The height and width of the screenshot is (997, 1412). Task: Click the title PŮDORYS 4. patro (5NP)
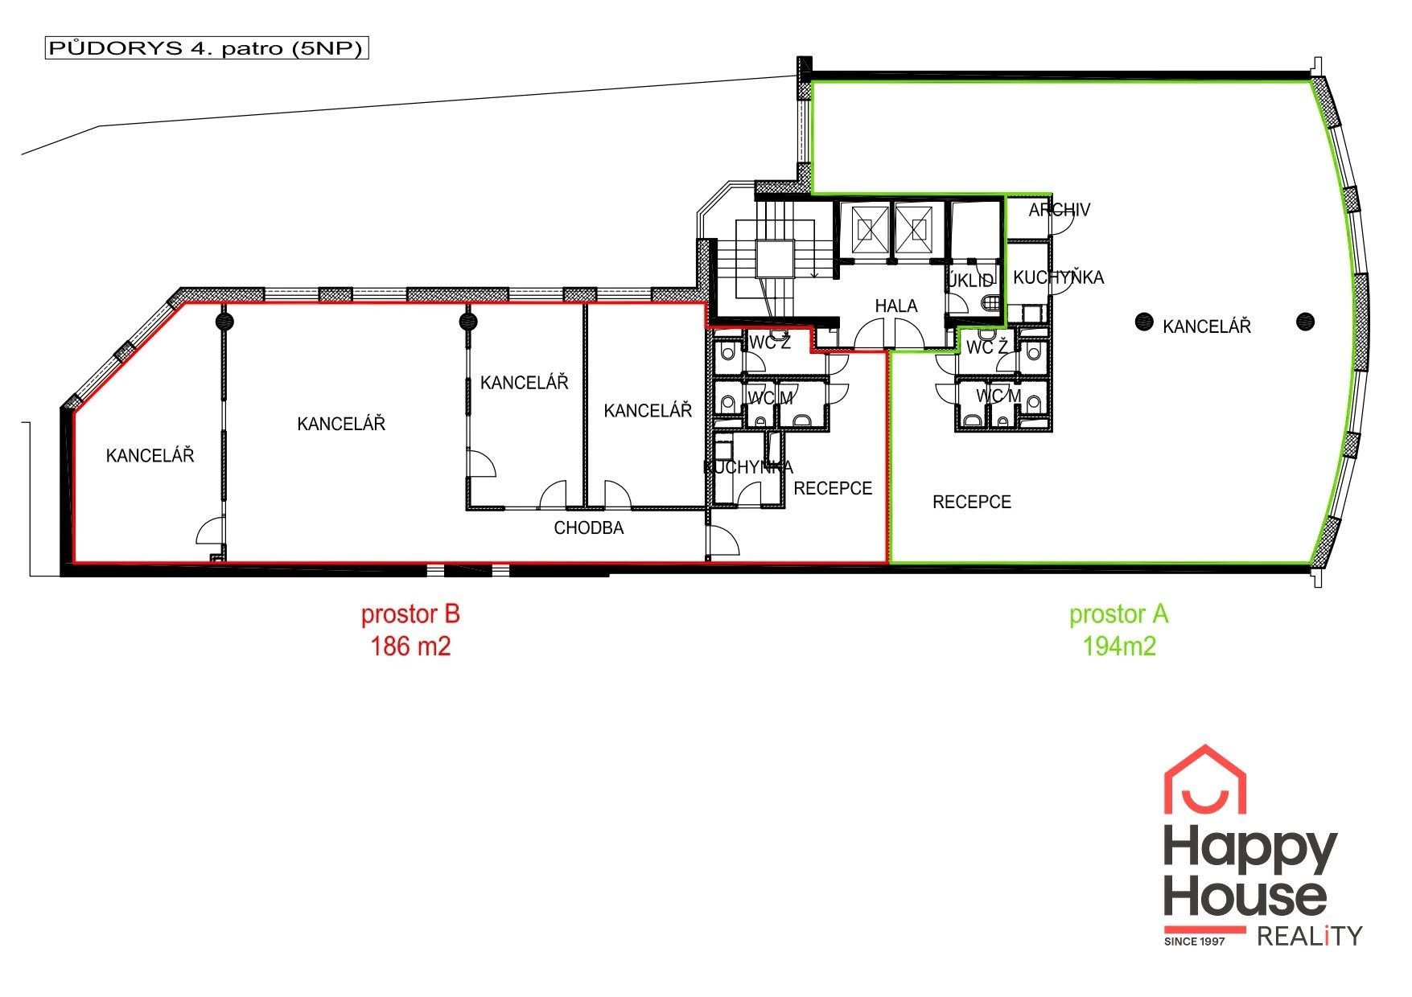click(207, 48)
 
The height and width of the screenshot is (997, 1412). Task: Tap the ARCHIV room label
click(1060, 210)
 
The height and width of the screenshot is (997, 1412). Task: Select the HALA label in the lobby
click(896, 306)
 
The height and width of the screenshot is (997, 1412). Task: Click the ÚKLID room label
click(971, 281)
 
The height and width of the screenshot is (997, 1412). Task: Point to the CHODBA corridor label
click(589, 528)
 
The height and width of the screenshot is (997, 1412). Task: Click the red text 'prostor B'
click(410, 614)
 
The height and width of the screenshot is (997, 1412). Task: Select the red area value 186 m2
click(410, 646)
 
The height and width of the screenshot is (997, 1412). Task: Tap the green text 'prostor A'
click(1118, 614)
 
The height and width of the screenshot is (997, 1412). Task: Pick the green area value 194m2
click(1119, 646)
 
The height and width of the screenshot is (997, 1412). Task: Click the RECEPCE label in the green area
click(972, 502)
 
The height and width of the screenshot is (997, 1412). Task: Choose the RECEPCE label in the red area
click(833, 488)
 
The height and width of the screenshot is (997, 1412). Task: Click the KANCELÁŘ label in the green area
click(1207, 326)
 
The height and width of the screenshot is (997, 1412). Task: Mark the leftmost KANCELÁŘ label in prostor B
click(150, 455)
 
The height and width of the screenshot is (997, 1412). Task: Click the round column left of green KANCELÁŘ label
click(1142, 322)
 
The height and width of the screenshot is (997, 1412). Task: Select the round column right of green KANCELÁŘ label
click(1305, 322)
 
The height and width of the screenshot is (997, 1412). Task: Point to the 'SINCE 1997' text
click(1195, 941)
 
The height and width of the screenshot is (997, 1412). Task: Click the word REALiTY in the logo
click(1309, 936)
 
